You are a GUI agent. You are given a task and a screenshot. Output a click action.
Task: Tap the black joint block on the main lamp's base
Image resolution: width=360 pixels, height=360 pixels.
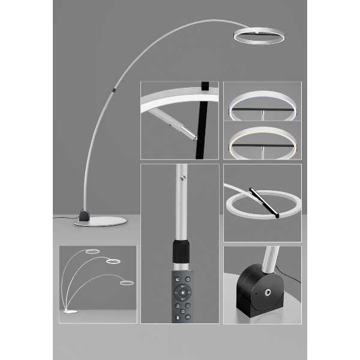[84, 214]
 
